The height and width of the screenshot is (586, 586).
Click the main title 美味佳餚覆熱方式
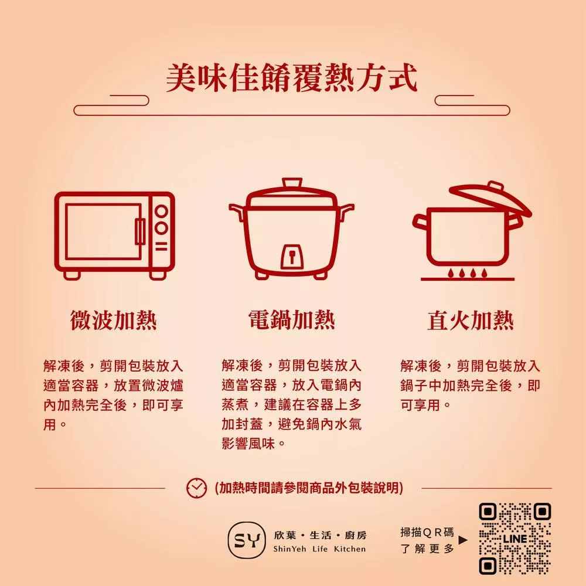[x=291, y=78]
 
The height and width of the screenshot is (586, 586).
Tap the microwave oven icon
[x=115, y=236]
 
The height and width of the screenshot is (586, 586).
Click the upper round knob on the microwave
[x=162, y=212]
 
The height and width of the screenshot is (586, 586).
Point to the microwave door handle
[x=140, y=231]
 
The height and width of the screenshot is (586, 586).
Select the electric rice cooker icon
[x=291, y=229]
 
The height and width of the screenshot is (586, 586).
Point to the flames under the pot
[x=467, y=273]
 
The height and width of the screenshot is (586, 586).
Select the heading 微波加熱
[x=114, y=321]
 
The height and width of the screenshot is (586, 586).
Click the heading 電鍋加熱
[x=291, y=321]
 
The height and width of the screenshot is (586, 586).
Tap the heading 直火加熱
[x=471, y=321]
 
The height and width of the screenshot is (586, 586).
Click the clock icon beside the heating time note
[x=196, y=488]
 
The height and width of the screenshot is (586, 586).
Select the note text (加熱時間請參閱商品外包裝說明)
[x=309, y=488]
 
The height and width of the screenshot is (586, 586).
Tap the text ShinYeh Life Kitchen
[x=319, y=549]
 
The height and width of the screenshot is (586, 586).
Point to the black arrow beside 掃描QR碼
[x=463, y=540]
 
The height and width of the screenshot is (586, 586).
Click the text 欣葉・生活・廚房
[x=320, y=535]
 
